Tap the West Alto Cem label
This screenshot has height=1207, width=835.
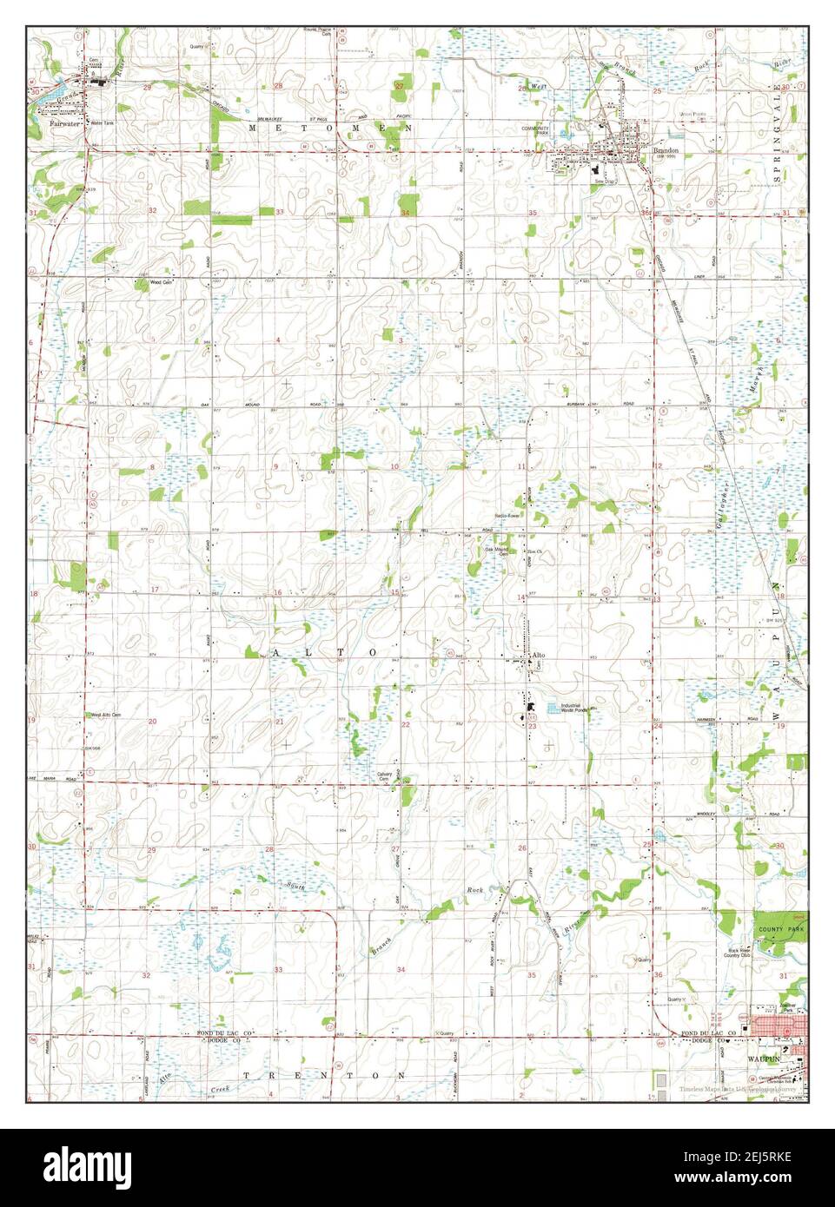pyautogui.click(x=104, y=716)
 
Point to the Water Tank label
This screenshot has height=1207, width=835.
pyautogui.click(x=103, y=123)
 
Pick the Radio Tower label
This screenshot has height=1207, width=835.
pyautogui.click(x=507, y=516)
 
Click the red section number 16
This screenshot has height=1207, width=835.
pyautogui.click(x=279, y=593)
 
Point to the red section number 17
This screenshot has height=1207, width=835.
pyautogui.click(x=155, y=590)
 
